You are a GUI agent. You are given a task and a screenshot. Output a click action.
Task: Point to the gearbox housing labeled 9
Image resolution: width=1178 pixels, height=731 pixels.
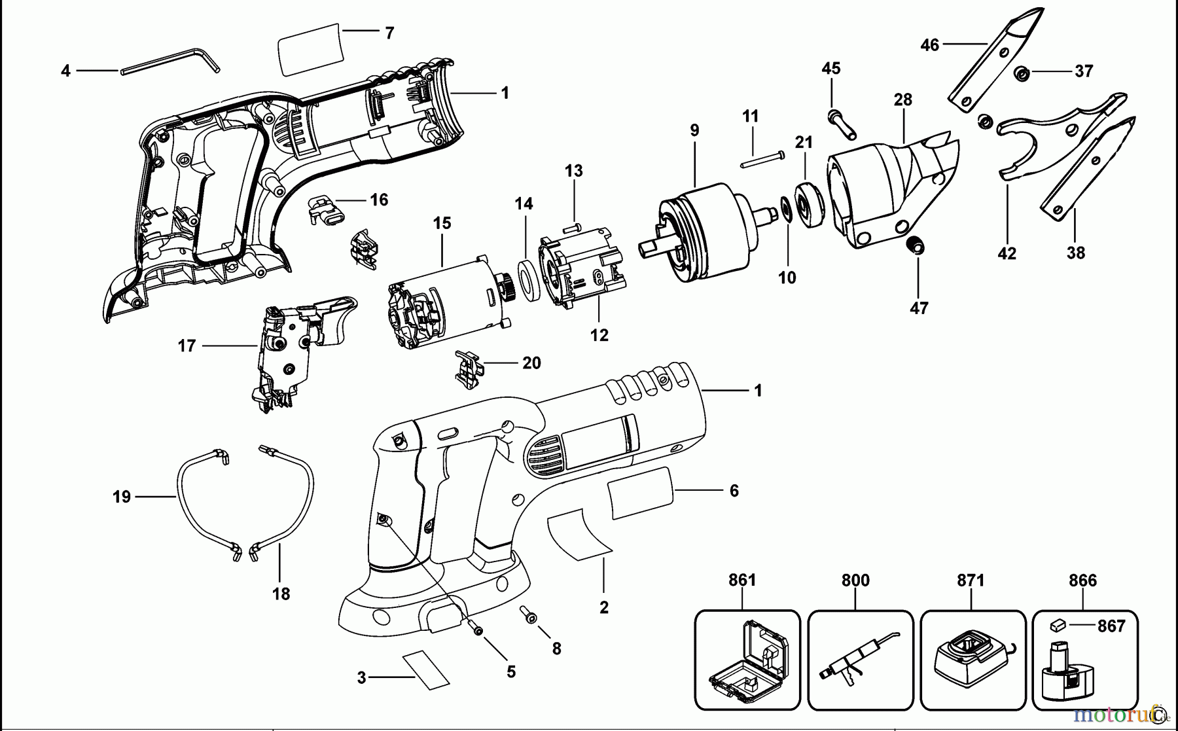click(x=700, y=232)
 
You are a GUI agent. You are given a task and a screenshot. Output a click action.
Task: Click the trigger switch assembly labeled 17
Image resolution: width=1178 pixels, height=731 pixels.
click(x=288, y=353)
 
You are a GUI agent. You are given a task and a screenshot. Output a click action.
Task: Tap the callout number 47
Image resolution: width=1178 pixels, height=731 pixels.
click(x=919, y=308)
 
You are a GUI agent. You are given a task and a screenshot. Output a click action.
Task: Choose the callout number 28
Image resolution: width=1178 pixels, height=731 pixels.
click(x=902, y=99)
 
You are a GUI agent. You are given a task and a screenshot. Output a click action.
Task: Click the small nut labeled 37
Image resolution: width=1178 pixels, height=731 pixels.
click(x=1022, y=73)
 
